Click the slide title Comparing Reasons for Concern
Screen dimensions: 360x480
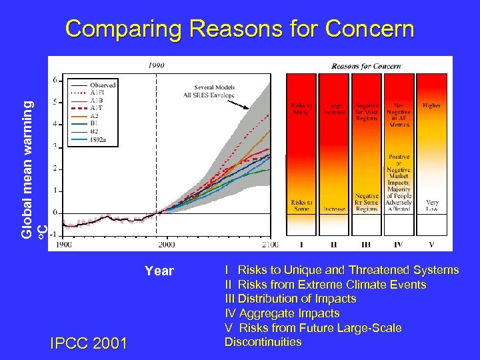tap(240, 29)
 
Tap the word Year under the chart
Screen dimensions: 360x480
tap(159, 271)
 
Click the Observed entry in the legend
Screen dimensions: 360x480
tap(103, 85)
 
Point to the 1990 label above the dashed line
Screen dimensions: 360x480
tap(157, 65)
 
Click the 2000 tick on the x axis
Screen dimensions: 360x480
tap(167, 245)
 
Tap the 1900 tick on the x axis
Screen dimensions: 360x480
tap(64, 245)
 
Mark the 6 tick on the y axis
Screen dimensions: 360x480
tap(54, 80)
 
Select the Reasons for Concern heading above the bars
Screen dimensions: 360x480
tap(364, 65)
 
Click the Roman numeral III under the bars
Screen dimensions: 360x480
tap(365, 245)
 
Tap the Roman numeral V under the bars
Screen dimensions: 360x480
tap(431, 245)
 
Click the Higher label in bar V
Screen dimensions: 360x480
tap(431, 105)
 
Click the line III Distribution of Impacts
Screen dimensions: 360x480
tap(290, 299)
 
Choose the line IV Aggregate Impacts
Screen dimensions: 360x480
tap(282, 313)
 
